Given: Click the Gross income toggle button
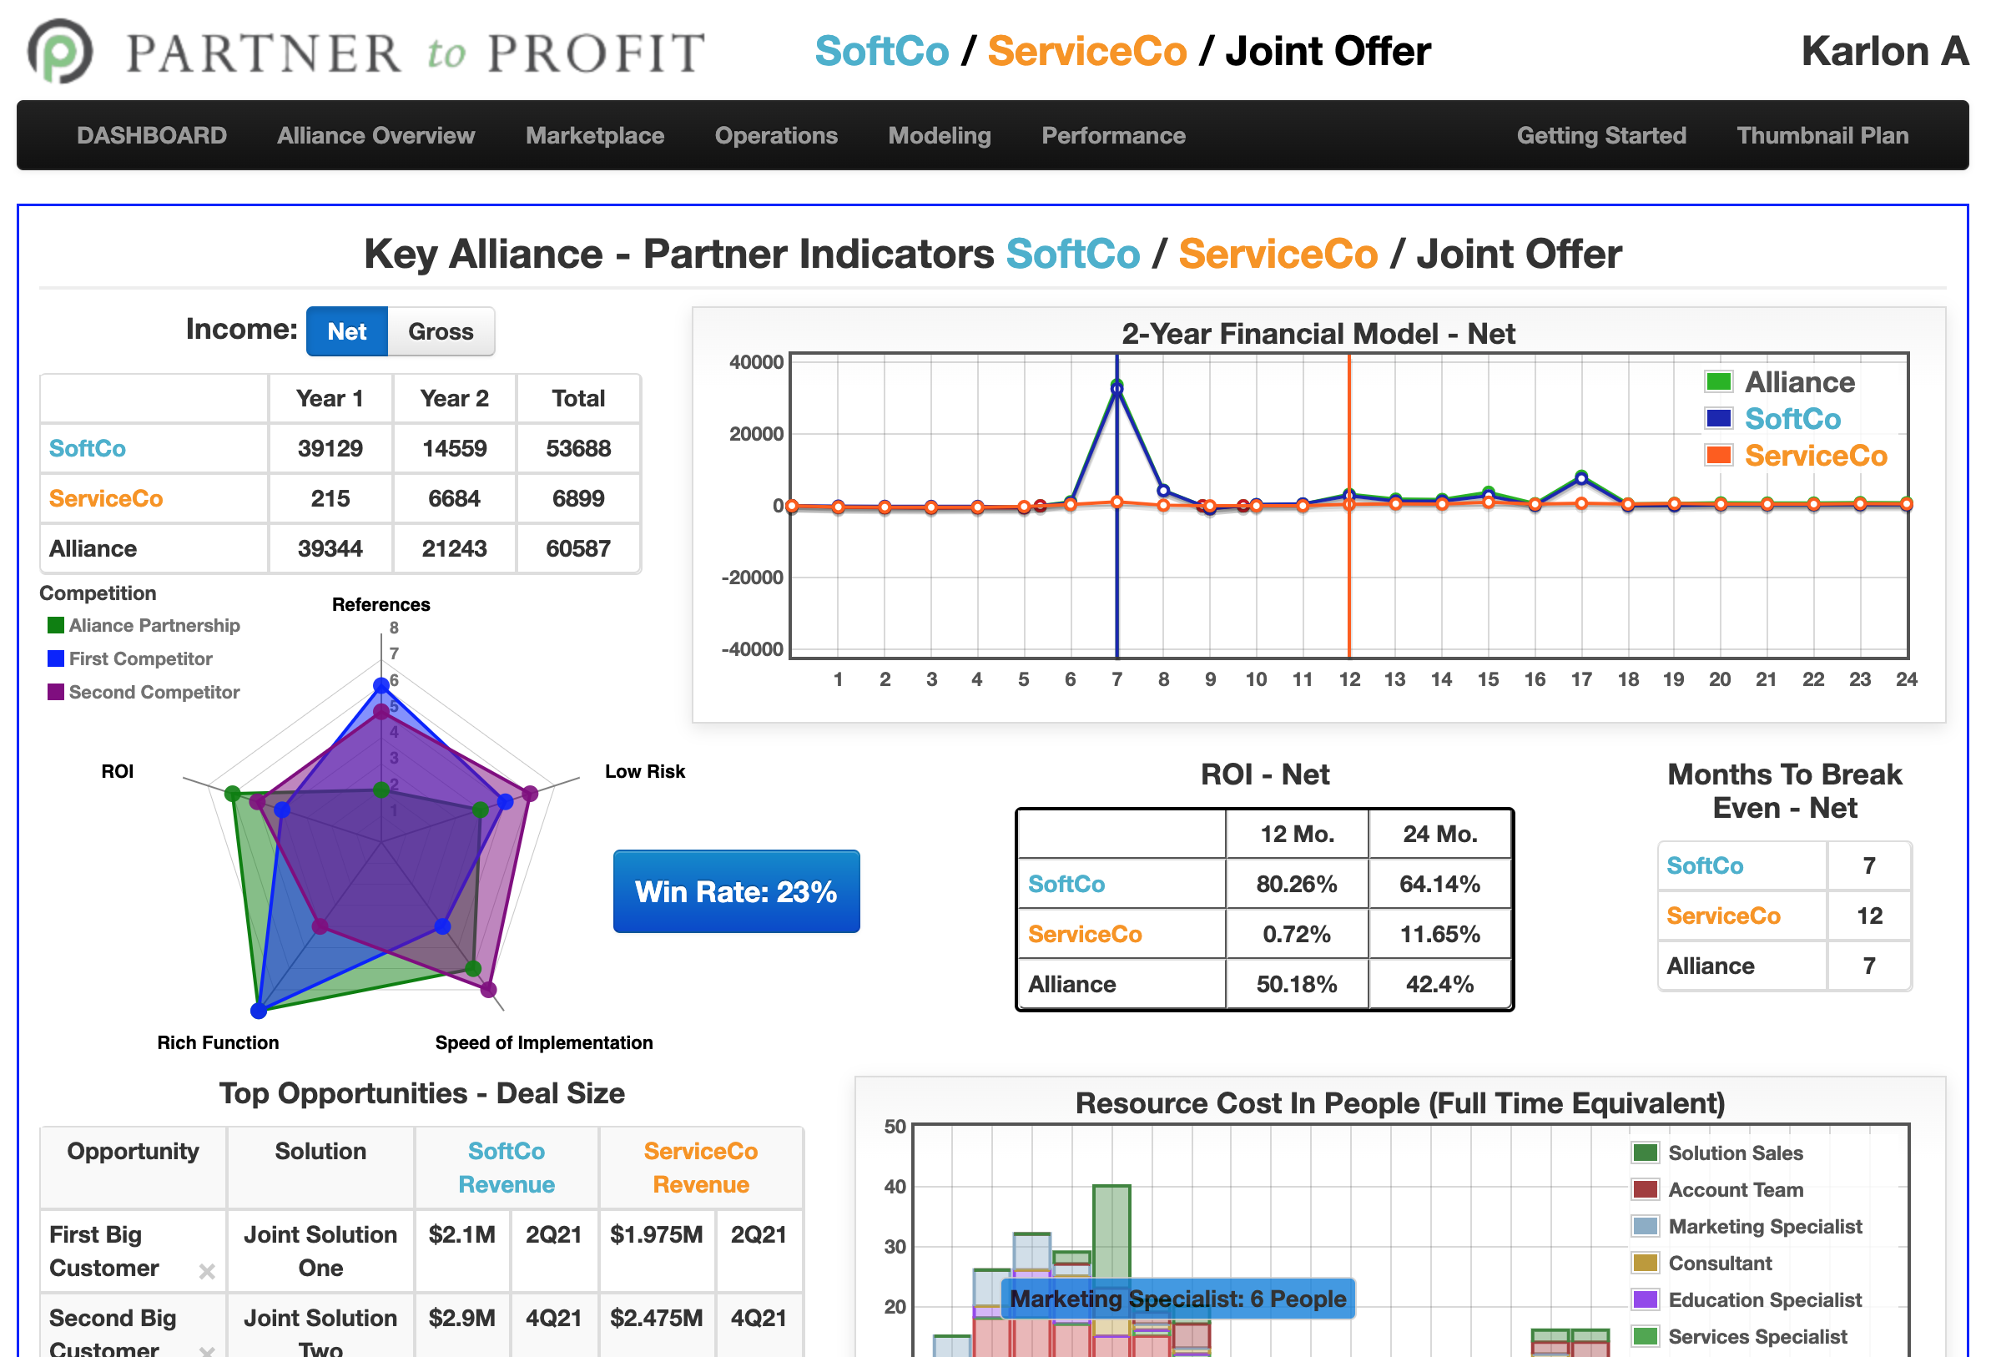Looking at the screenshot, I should tap(441, 331).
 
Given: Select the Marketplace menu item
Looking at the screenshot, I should tap(595, 135).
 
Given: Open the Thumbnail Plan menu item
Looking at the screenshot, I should tap(1822, 135).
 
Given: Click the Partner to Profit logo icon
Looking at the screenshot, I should tap(60, 52).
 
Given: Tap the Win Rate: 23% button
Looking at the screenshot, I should tap(736, 892).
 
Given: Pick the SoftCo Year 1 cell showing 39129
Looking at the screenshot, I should tap(330, 448).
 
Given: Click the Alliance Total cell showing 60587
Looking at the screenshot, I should tap(578, 548).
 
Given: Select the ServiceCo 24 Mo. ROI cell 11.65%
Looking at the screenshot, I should tap(1439, 934).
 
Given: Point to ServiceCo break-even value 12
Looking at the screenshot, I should tap(1868, 916).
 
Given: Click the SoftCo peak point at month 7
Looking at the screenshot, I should tap(1116, 389).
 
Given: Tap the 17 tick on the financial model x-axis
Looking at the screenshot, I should tap(1580, 679).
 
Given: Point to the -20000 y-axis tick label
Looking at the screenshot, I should tap(753, 578).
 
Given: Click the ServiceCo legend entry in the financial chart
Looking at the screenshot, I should tap(1815, 456).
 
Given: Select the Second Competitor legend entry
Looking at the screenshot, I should tap(154, 692).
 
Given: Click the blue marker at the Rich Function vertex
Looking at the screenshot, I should tap(259, 1011).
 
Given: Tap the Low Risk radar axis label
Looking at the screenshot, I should tap(644, 771).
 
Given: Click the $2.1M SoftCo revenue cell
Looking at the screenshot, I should tap(461, 1234).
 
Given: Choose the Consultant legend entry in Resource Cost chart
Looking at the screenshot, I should tap(1719, 1264).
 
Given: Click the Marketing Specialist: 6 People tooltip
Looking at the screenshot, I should tap(1177, 1299).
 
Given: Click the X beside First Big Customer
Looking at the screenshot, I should tap(206, 1271).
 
